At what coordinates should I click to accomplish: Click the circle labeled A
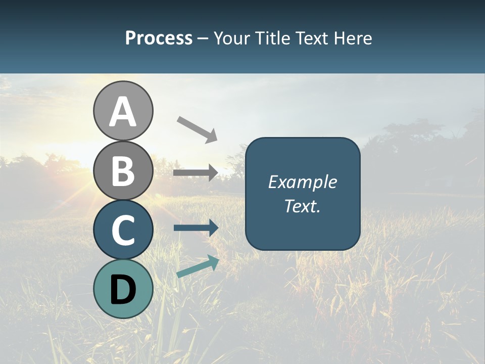(x=123, y=111)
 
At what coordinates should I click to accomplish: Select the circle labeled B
(x=123, y=170)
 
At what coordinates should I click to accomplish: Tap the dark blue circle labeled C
(x=123, y=230)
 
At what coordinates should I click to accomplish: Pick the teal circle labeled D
(x=123, y=289)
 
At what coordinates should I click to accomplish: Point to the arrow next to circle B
(x=195, y=173)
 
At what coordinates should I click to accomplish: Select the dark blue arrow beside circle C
(x=195, y=228)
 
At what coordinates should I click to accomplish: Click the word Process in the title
(x=159, y=38)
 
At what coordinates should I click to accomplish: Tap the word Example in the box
(x=303, y=182)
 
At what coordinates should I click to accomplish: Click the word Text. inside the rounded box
(x=303, y=206)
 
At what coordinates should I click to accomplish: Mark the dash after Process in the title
(x=203, y=38)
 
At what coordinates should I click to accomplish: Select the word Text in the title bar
(x=311, y=38)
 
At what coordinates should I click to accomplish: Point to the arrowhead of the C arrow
(x=213, y=228)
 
